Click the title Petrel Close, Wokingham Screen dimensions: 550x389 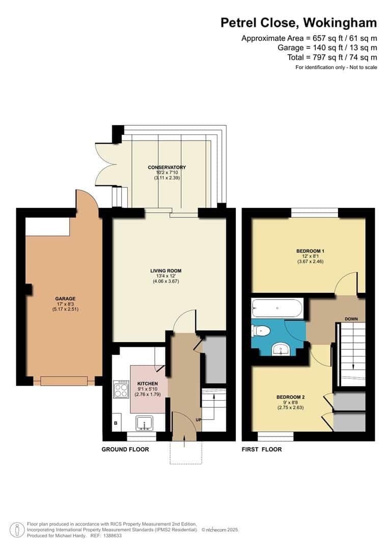click(298, 23)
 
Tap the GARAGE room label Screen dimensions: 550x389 click(65, 298)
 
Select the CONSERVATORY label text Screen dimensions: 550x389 click(166, 167)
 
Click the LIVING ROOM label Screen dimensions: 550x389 click(165, 271)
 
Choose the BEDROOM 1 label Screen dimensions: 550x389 click(310, 251)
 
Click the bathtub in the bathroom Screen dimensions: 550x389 click(277, 308)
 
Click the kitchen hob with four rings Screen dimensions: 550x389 click(121, 390)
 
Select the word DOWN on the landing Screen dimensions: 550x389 click(351, 319)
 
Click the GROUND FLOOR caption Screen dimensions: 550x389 click(125, 449)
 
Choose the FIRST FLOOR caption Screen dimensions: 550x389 click(261, 449)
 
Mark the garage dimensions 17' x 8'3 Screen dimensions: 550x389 click(65, 304)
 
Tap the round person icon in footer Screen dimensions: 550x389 click(18, 529)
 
